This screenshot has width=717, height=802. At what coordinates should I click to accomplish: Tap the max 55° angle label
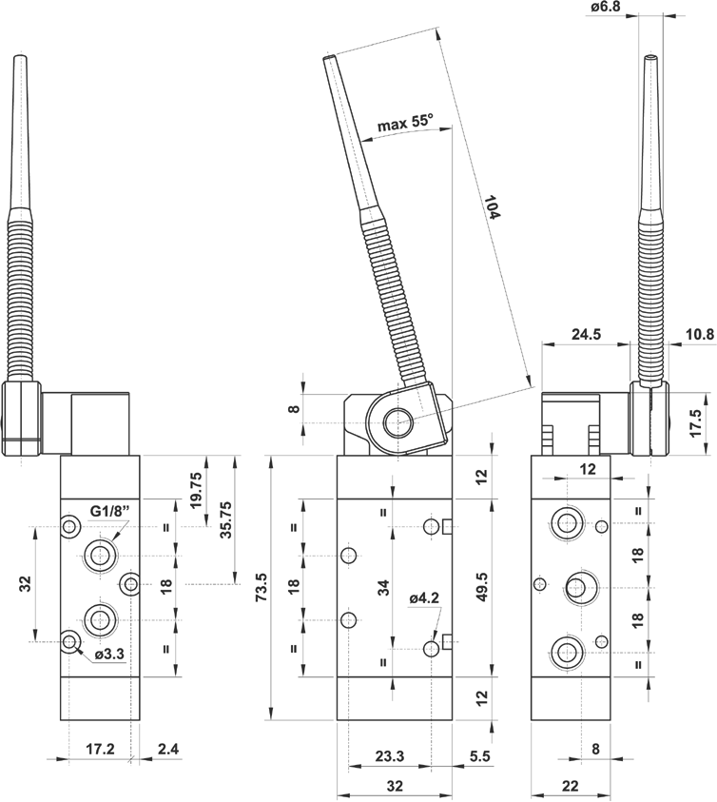(404, 124)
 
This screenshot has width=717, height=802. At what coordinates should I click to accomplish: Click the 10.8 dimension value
(699, 335)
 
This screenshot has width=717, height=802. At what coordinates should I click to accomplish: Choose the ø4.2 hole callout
(423, 597)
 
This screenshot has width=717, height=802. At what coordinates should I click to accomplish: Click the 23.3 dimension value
(389, 757)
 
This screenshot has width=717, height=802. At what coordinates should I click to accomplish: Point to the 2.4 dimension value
(167, 750)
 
